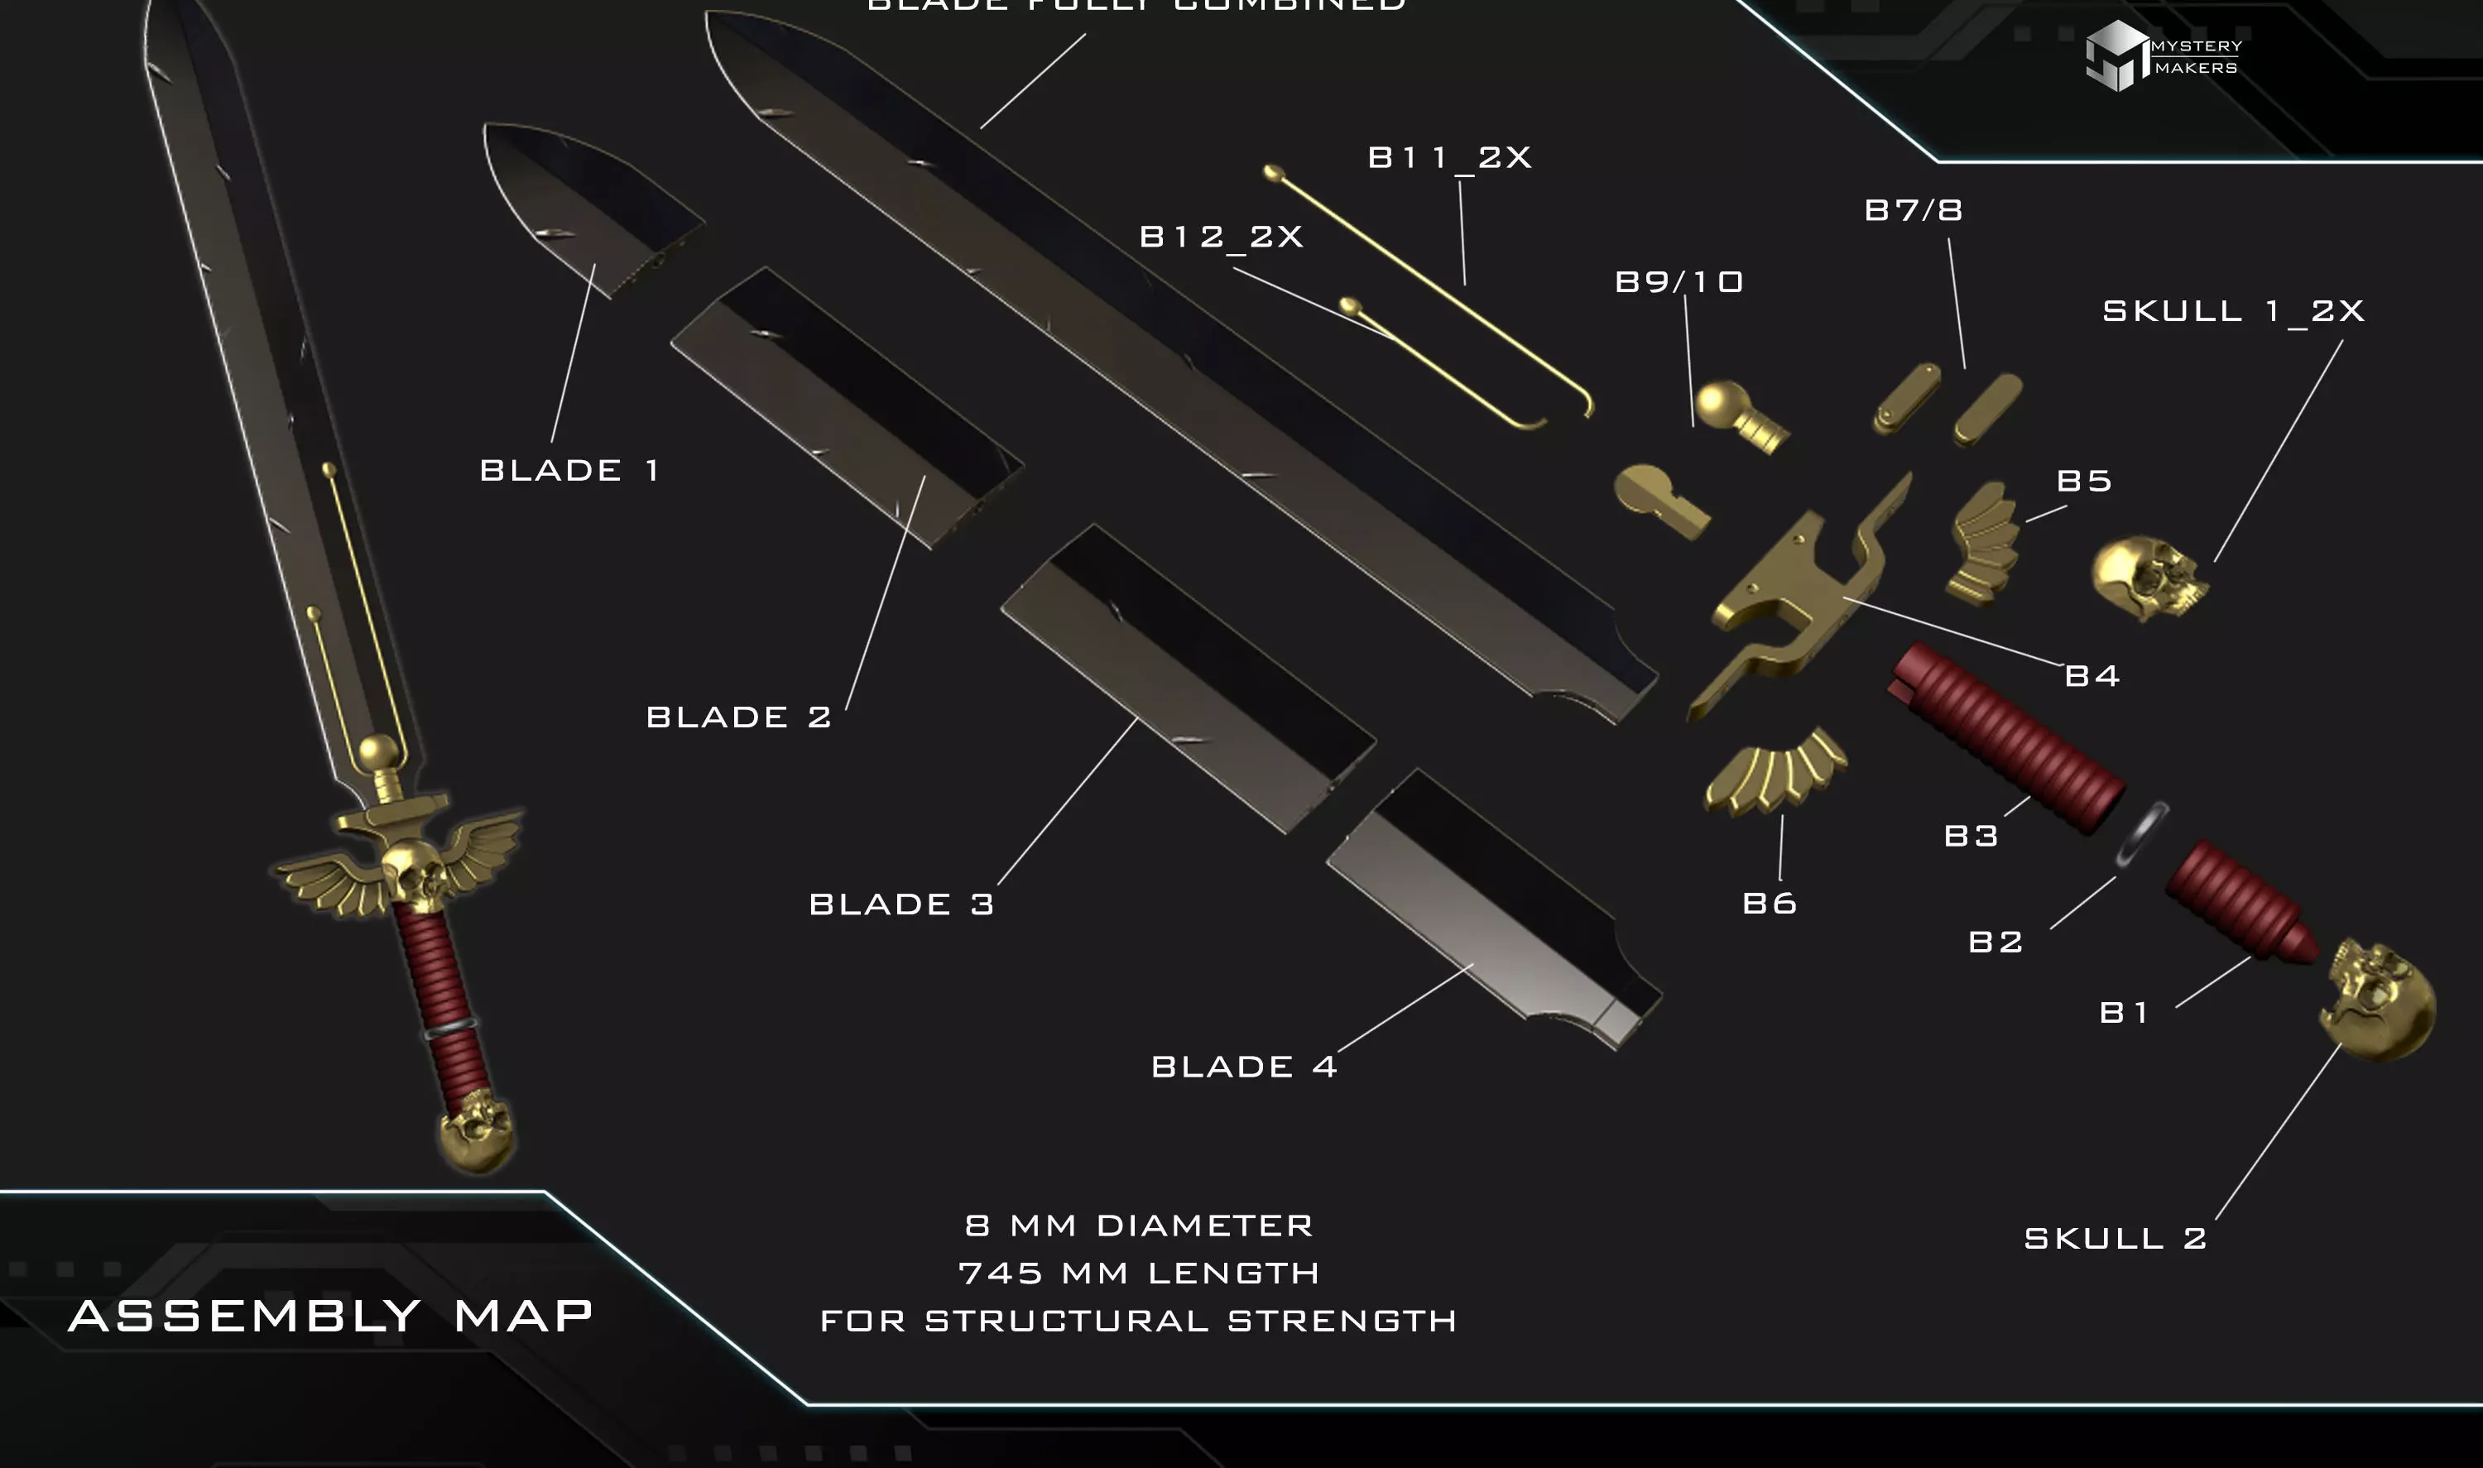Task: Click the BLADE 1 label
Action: click(569, 470)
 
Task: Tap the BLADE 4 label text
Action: click(1243, 1067)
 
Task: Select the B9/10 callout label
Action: click(1679, 282)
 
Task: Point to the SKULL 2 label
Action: click(2115, 1239)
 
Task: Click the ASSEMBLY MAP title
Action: click(330, 1317)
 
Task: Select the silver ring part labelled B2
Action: click(2142, 833)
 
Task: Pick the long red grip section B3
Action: click(2008, 737)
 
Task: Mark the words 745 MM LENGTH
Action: click(1139, 1274)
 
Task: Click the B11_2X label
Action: click(1449, 157)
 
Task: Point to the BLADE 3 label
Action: click(901, 904)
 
